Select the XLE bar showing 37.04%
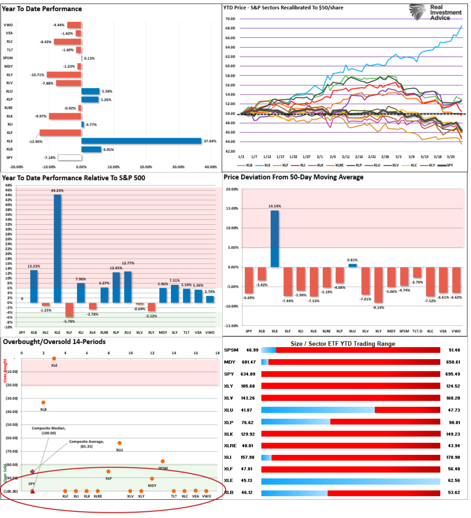coord(141,141)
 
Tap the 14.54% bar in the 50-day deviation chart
coord(274,238)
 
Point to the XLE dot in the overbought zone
coord(54,359)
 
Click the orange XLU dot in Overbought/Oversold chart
coord(119,443)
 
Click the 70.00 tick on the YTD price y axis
coord(231,19)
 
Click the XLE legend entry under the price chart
coord(266,165)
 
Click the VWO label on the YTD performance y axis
coord(9,25)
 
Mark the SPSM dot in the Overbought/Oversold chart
coord(162,461)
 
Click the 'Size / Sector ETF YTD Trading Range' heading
coord(342,344)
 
